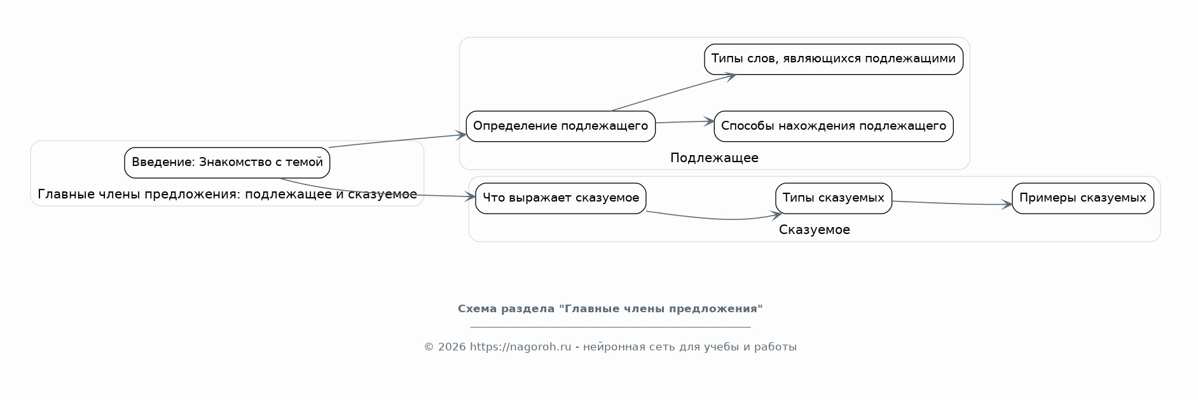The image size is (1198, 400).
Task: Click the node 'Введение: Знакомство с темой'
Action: click(227, 163)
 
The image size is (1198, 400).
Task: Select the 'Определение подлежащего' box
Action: click(560, 126)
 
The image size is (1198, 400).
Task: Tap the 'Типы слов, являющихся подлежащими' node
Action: click(833, 59)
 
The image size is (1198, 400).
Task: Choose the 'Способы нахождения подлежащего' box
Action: click(833, 126)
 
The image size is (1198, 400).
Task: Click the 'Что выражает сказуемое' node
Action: click(560, 198)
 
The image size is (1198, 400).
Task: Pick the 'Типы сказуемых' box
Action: click(833, 198)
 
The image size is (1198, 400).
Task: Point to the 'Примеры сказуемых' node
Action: click(1082, 198)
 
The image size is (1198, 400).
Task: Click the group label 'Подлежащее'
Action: click(714, 158)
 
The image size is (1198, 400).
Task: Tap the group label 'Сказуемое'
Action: click(814, 230)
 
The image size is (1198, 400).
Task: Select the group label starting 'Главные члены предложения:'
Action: click(227, 195)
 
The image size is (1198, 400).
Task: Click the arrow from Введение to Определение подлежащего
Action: click(397, 141)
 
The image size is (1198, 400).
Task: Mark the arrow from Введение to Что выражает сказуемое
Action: click(382, 195)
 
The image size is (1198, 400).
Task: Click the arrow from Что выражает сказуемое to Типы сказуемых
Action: click(712, 219)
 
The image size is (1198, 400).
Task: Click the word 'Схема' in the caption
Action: click(478, 309)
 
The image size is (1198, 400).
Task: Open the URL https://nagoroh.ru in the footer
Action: click(520, 347)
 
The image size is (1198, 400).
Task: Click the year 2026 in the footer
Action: click(451, 347)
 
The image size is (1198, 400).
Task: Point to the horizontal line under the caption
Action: click(610, 327)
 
